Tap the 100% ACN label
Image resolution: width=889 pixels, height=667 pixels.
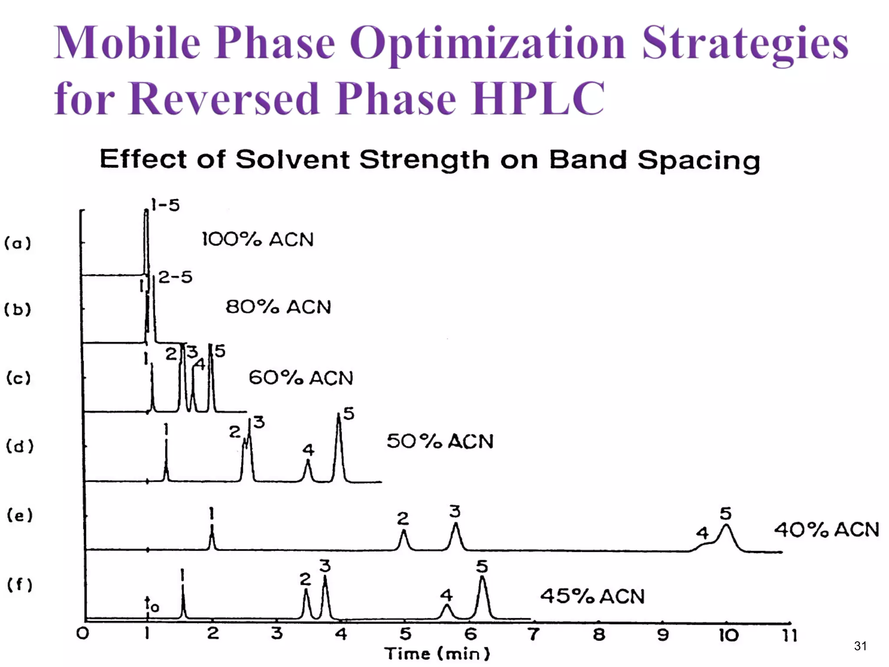[x=257, y=240]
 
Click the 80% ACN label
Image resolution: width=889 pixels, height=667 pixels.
[x=278, y=307]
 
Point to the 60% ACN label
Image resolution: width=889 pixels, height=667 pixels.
[x=301, y=378]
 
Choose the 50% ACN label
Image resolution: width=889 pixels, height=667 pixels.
[x=440, y=441]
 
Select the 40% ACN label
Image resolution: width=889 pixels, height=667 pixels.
[x=826, y=530]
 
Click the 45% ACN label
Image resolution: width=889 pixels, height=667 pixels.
[x=592, y=596]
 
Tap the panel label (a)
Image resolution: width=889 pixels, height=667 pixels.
[x=18, y=243]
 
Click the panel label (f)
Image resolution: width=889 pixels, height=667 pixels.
[x=20, y=584]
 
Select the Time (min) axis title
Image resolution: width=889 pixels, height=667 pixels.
[x=437, y=654]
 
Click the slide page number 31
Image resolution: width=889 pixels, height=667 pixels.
[x=860, y=646]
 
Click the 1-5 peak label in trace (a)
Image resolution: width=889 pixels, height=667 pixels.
[x=165, y=205]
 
